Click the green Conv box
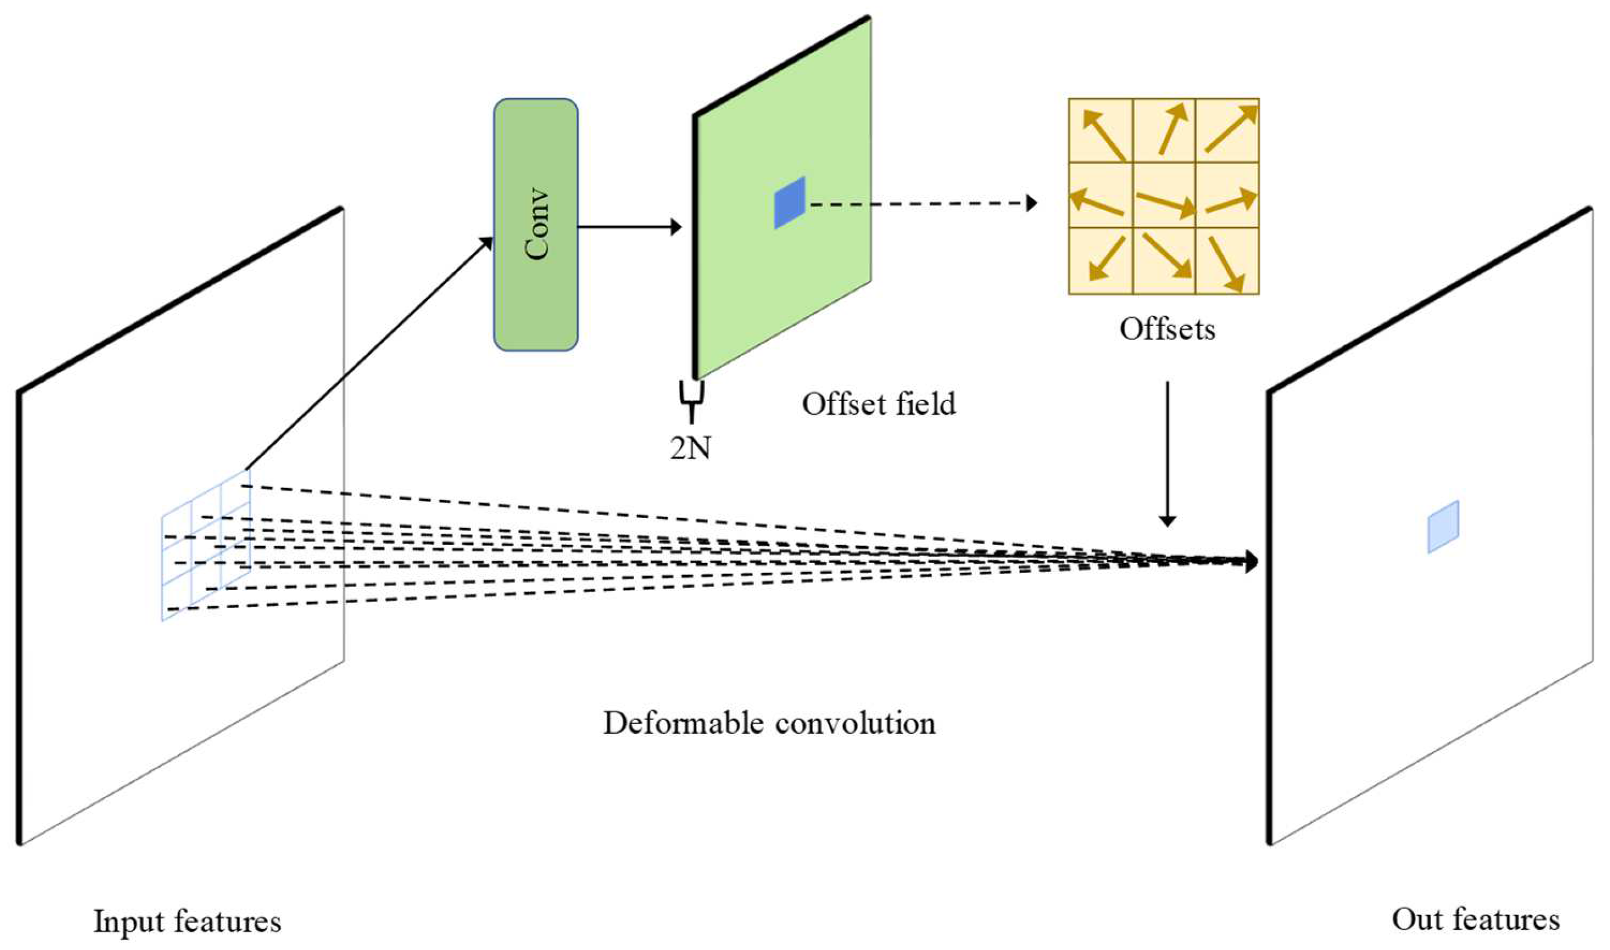[x=536, y=224]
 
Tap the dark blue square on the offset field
[x=789, y=203]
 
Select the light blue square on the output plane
[x=1443, y=526]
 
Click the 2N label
[x=690, y=448]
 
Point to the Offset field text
[x=879, y=404]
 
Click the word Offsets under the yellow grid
[x=1167, y=329]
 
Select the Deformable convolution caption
[x=768, y=723]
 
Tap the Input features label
[x=187, y=922]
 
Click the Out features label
[x=1475, y=920]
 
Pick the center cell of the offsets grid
[x=1163, y=195]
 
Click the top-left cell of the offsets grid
[x=1101, y=131]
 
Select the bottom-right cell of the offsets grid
[x=1227, y=261]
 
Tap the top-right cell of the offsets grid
[x=1227, y=131]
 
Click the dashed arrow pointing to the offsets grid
[x=921, y=204]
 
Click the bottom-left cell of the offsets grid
[x=1101, y=261]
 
